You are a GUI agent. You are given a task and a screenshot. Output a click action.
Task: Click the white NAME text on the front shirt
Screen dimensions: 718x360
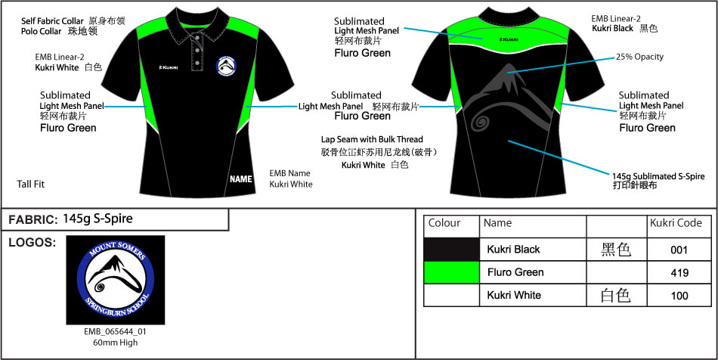[241, 179]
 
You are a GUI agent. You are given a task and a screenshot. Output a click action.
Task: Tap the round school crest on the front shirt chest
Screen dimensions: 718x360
[227, 67]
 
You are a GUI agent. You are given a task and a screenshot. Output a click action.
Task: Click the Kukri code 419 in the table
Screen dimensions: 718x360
[679, 273]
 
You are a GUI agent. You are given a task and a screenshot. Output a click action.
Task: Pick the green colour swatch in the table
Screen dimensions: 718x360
[451, 272]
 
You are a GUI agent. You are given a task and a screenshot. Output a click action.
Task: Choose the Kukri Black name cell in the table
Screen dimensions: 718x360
[514, 250]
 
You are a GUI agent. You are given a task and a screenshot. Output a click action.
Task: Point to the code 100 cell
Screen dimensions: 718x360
[679, 296]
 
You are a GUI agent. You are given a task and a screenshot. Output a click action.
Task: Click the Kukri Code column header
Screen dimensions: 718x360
[676, 223]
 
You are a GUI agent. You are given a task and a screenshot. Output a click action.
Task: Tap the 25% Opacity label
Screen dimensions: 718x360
[639, 57]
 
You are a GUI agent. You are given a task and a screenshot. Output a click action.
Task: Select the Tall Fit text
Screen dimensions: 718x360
[31, 184]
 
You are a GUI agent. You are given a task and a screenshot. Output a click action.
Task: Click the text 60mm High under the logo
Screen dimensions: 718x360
[116, 342]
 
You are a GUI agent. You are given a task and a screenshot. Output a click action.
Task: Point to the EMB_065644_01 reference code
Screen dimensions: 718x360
[116, 331]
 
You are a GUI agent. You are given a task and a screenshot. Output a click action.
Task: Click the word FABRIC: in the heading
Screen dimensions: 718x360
[32, 220]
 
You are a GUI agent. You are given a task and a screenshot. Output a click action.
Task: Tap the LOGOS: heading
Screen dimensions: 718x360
[32, 243]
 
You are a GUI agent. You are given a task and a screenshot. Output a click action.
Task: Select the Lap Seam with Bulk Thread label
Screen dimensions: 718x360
[372, 139]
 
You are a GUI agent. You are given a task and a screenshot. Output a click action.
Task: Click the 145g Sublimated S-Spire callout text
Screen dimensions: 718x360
[658, 176]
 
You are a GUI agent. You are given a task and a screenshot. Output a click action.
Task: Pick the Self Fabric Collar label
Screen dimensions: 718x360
[52, 21]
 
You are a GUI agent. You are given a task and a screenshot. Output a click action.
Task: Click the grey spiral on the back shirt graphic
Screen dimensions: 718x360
[481, 122]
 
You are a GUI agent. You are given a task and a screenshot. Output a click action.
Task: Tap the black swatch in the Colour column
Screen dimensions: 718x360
[451, 250]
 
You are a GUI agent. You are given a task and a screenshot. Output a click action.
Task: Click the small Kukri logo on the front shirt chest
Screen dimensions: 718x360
[168, 67]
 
